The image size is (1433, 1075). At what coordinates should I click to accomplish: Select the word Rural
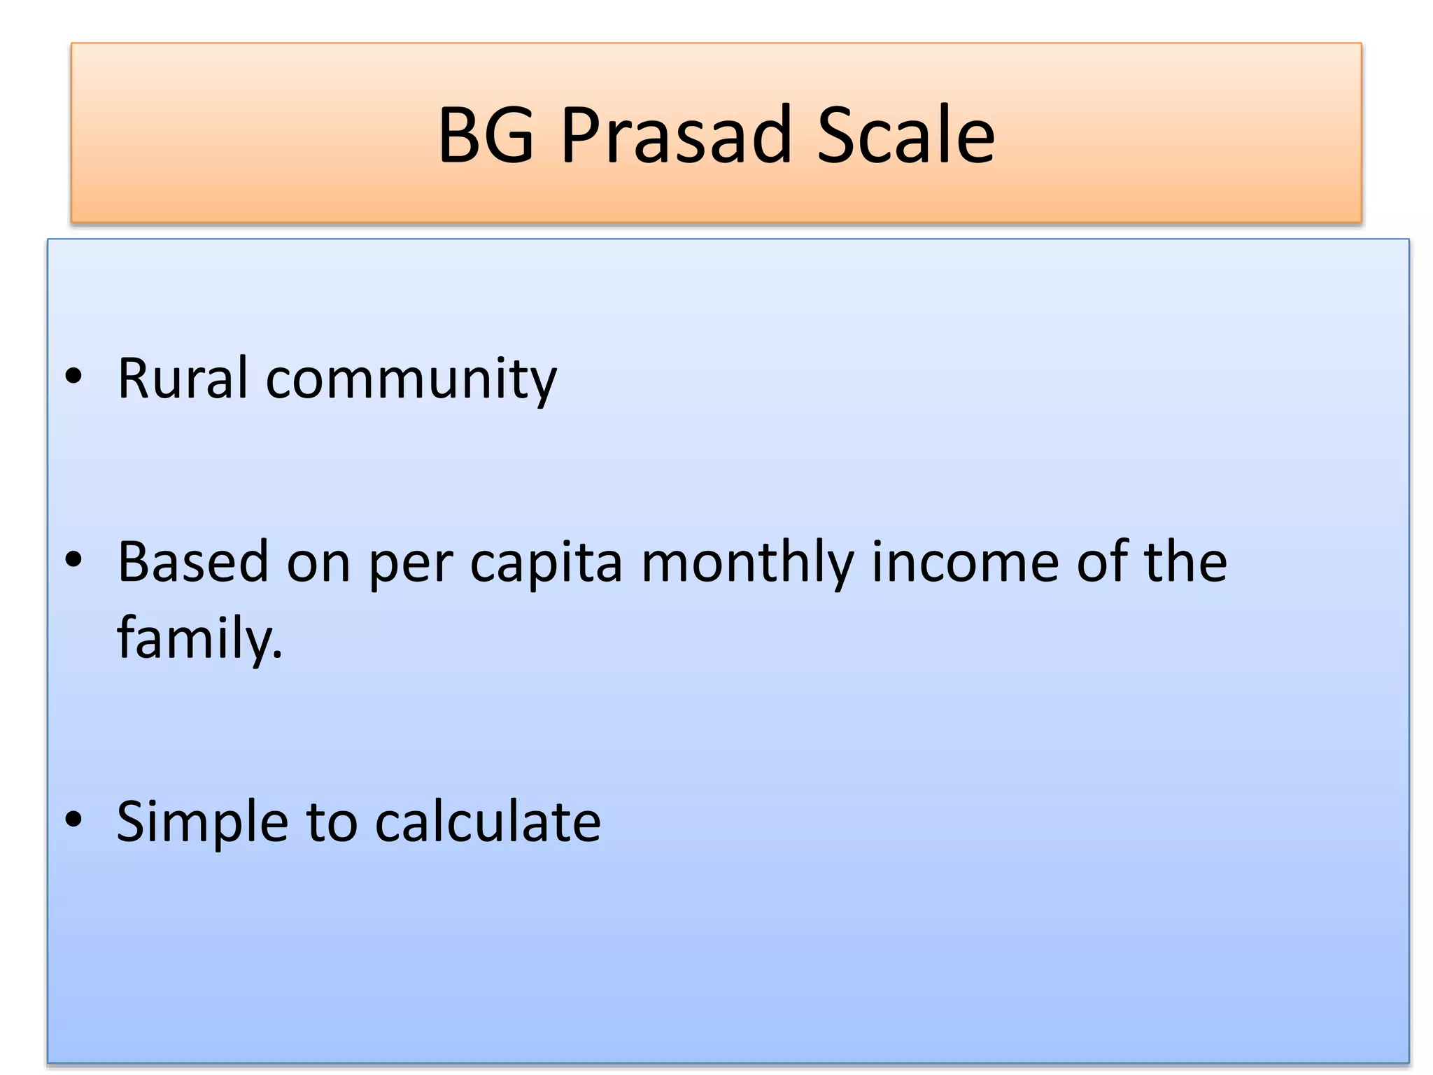183,379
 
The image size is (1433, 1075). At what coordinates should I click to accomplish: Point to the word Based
192,561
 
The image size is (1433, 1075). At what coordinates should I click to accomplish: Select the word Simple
202,822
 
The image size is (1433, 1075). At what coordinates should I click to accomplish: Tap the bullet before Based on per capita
73,560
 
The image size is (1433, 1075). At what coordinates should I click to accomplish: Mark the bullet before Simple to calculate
73,820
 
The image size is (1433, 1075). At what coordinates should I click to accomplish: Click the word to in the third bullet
332,822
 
